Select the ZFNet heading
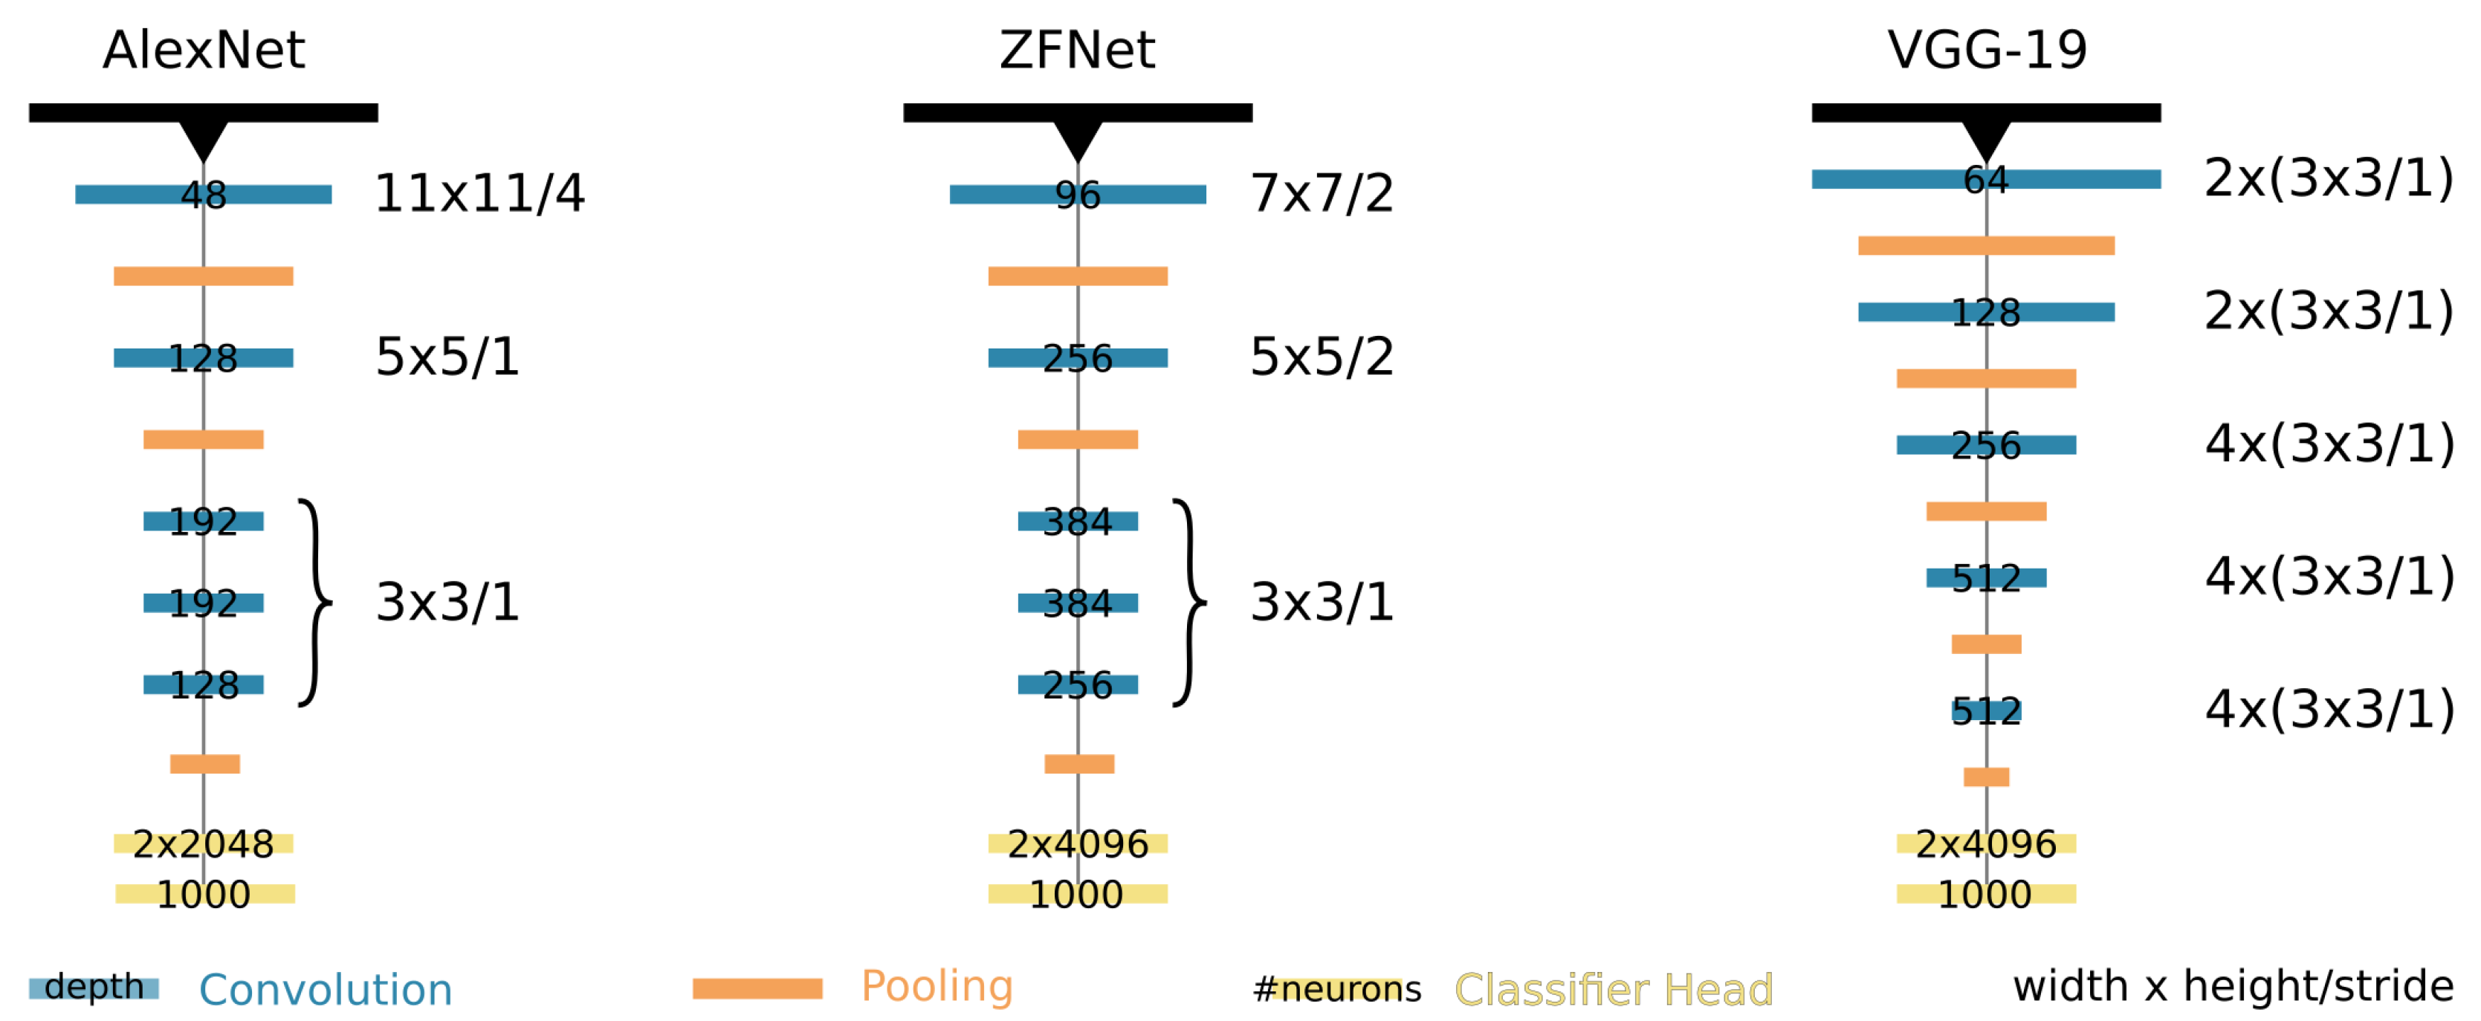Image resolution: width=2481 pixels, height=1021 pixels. point(1077,50)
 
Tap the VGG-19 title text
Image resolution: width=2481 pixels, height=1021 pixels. point(1986,50)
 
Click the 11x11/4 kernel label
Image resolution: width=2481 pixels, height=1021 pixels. point(479,194)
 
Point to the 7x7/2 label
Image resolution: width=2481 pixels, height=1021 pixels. point(1321,194)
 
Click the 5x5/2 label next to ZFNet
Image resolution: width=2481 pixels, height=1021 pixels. point(1321,357)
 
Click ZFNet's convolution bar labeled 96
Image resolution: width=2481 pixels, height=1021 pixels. point(1002,195)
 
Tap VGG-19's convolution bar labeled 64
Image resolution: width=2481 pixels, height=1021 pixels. point(1878,179)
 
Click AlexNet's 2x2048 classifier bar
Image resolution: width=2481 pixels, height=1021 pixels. point(203,843)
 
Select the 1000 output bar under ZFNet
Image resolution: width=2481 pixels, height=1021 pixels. point(1077,894)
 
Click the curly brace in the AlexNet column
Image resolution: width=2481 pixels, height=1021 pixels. point(316,603)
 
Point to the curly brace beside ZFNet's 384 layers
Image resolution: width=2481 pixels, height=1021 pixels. point(1191,603)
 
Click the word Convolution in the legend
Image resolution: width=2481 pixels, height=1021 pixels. point(326,991)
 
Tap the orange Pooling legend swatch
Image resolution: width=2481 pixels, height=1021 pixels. point(757,989)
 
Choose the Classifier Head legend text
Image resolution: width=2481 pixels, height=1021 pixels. point(1613,991)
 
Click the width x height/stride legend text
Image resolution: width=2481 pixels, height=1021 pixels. point(2233,986)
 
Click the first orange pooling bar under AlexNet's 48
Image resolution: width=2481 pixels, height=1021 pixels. point(203,276)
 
